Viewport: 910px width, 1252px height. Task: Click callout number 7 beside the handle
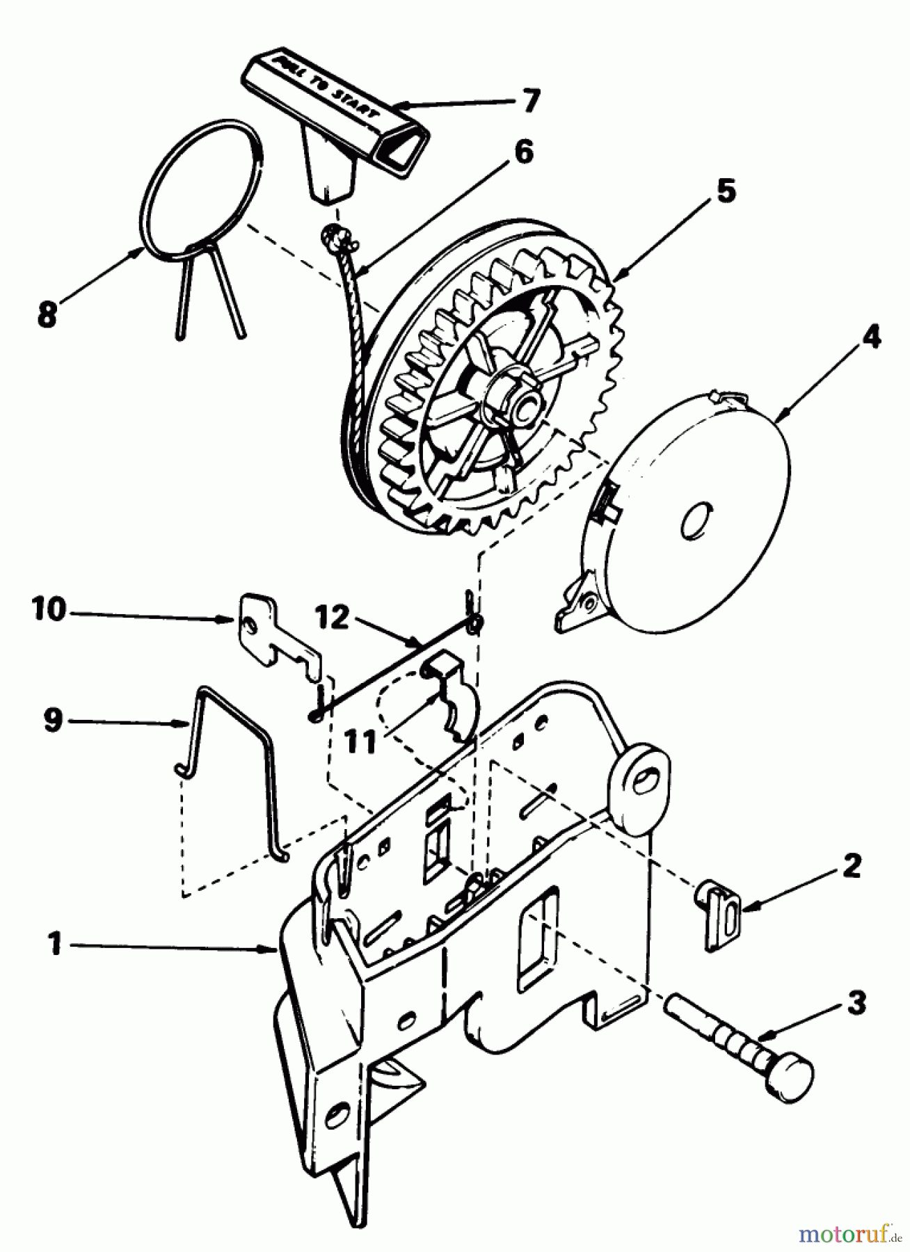click(x=530, y=102)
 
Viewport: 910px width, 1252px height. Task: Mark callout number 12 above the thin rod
click(x=332, y=618)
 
